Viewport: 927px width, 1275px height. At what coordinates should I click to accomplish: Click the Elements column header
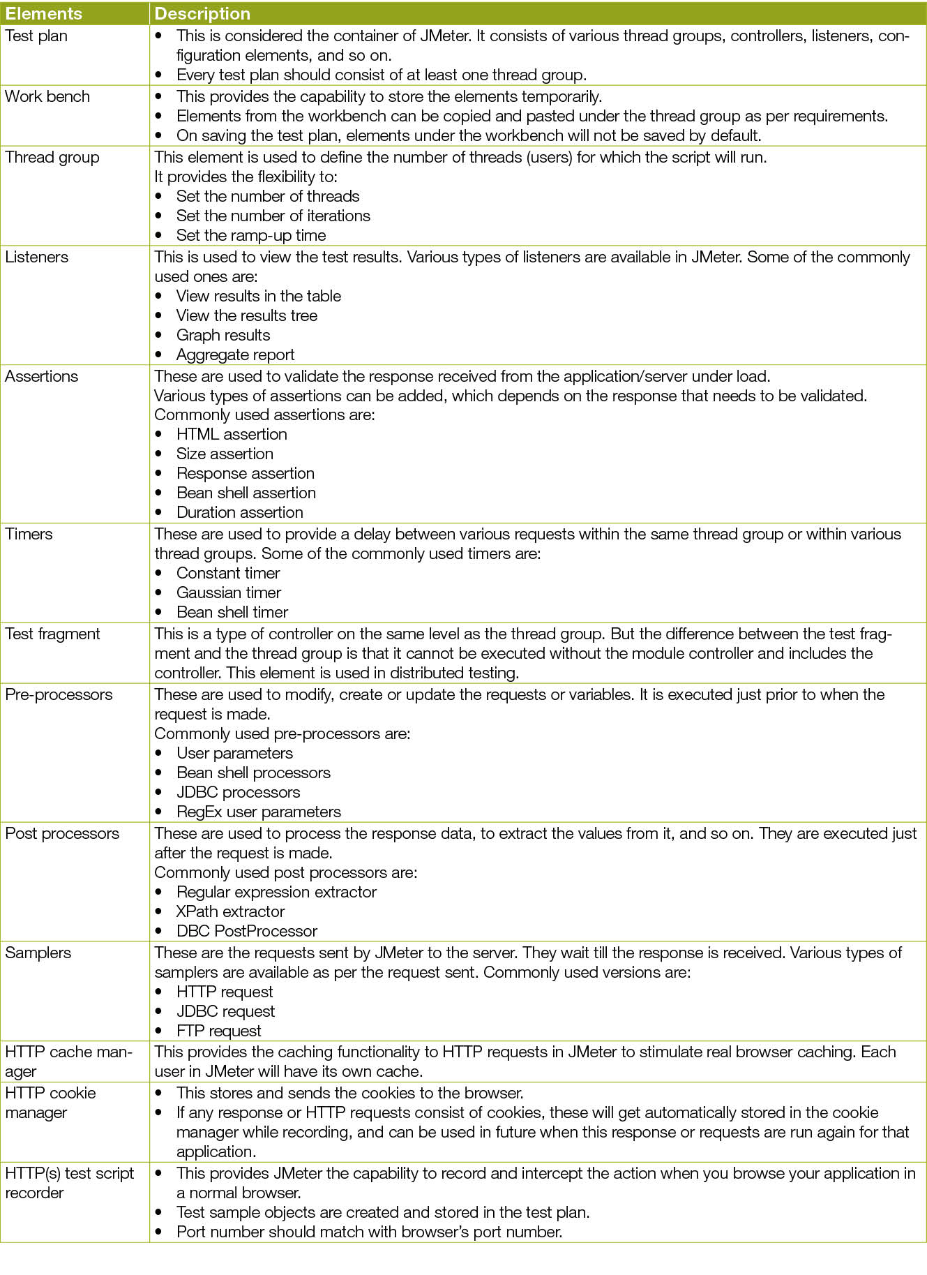43,13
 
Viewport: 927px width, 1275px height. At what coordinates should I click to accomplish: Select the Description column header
202,13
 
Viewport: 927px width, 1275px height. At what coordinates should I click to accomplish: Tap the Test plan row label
36,36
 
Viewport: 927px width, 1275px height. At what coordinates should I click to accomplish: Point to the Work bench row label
47,96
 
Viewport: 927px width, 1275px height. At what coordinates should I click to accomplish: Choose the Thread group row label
52,157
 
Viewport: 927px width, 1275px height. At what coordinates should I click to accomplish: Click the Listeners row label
37,257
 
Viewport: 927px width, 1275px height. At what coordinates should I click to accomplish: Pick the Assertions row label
42,376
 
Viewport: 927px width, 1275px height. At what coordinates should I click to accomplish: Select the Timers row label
29,534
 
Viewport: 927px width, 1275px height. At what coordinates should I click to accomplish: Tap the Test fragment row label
52,634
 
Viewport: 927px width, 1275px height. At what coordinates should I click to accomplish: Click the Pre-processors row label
59,694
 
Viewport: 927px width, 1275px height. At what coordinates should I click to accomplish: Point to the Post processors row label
62,833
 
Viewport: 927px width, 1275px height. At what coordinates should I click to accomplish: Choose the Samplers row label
38,953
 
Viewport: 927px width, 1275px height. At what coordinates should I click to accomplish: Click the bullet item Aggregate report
235,355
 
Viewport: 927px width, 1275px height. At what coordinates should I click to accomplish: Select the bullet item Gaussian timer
228,592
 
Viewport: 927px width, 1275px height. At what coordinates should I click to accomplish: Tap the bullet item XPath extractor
230,911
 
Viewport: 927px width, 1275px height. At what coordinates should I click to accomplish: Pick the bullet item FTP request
218,1031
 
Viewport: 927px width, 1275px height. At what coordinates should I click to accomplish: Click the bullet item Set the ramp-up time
250,235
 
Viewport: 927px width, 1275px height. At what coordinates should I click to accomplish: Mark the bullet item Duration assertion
239,512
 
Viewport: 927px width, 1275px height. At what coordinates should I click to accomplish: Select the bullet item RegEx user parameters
258,812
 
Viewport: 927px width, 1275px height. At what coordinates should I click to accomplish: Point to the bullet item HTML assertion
232,434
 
